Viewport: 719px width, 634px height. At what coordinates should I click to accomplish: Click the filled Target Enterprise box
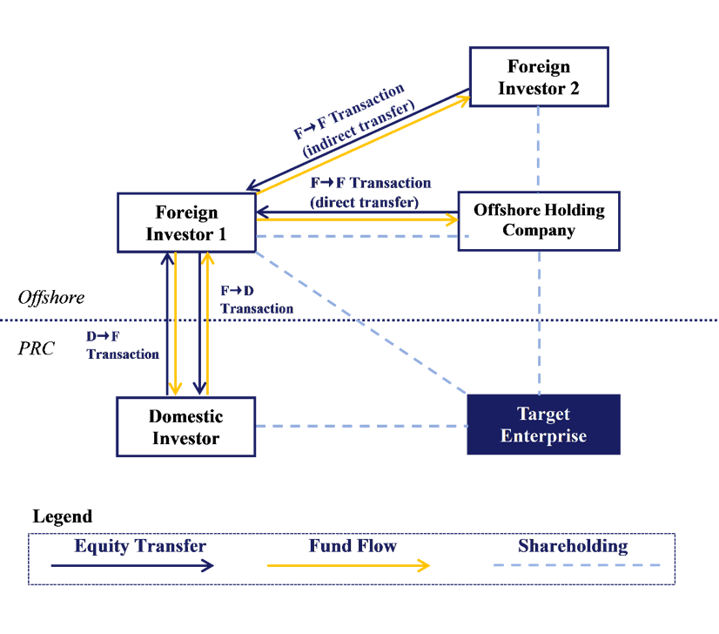point(543,424)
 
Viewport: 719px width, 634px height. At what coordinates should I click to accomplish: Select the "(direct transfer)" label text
point(364,201)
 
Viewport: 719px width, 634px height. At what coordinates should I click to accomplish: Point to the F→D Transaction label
point(256,300)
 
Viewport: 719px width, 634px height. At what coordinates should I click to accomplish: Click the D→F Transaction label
point(122,346)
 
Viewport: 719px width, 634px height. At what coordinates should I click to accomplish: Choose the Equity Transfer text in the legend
point(140,547)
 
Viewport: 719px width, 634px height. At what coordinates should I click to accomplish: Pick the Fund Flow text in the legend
point(353,547)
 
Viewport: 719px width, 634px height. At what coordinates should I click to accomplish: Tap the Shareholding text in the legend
point(573,547)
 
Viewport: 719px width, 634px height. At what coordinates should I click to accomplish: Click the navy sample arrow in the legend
point(131,566)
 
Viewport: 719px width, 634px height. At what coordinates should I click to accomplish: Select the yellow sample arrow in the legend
point(348,566)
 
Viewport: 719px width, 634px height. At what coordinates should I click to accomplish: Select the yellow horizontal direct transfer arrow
point(357,220)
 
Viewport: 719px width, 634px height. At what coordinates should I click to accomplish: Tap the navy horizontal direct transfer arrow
point(357,212)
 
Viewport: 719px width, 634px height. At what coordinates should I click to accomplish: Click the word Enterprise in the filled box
point(543,436)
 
